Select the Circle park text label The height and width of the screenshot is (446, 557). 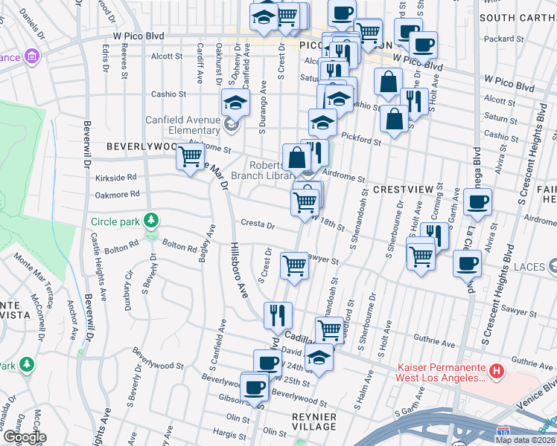coord(115,222)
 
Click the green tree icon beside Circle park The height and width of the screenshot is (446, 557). coord(151,221)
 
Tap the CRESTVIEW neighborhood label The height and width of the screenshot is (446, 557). coord(403,190)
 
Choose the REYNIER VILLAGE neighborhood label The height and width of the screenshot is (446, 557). coord(313,421)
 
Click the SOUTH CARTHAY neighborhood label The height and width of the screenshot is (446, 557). coord(518,17)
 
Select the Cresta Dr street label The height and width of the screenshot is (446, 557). coord(258,224)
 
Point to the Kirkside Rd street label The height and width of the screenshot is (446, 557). coord(115,178)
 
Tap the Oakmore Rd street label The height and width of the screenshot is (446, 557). coord(118,194)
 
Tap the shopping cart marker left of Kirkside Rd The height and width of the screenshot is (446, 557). coord(191,156)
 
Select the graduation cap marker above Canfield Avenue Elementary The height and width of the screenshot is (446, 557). coord(235,101)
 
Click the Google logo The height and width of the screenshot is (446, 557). coord(24,438)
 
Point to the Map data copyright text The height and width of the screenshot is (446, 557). coord(526,440)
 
